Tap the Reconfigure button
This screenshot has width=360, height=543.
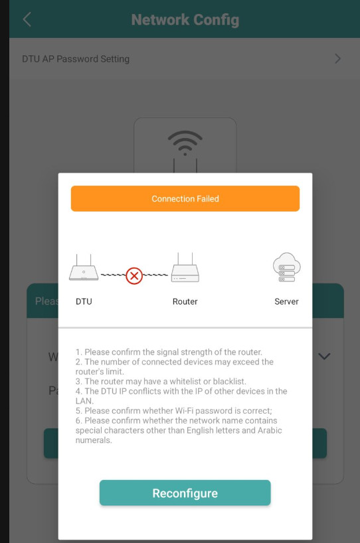coord(185,493)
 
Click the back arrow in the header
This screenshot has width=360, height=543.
coord(27,19)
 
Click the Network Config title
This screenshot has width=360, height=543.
coord(185,20)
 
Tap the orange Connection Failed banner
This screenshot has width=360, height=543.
coord(185,198)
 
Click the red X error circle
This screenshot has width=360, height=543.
coord(134,275)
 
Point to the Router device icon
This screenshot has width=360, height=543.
coord(185,268)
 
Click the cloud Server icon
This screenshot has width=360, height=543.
coord(286,267)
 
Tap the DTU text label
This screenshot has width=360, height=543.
coord(84,301)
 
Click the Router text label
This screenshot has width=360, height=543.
coord(185,301)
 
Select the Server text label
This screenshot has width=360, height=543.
coord(286,301)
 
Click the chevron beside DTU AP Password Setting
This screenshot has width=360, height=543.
coord(338,58)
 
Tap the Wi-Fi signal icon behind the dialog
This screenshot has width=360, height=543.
coord(185,143)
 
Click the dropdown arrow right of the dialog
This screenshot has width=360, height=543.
coord(324,356)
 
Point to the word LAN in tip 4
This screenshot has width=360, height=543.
coord(84,401)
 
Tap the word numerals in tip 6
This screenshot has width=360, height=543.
coord(94,440)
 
